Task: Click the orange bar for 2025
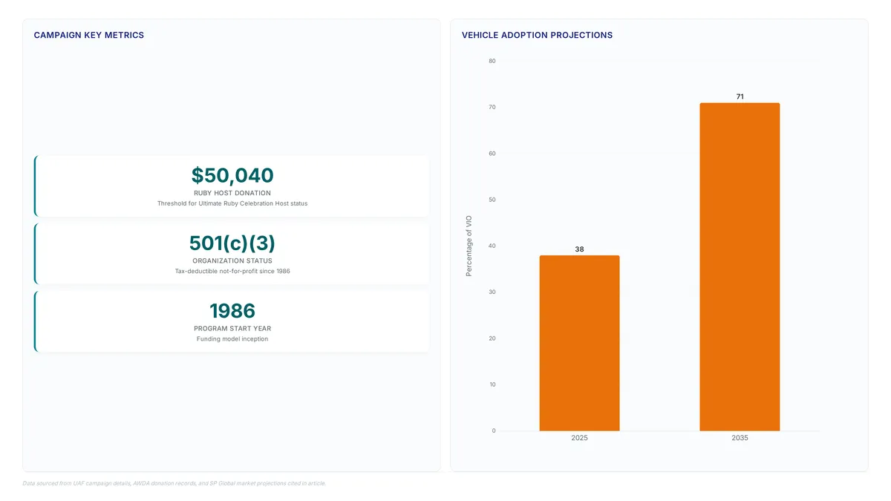pyautogui.click(x=579, y=343)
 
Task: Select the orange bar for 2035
pyautogui.click(x=740, y=266)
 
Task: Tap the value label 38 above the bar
pyautogui.click(x=579, y=249)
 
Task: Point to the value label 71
pyautogui.click(x=740, y=96)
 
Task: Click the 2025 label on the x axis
pyautogui.click(x=579, y=438)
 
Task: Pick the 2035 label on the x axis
pyautogui.click(x=740, y=438)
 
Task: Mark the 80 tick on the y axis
pyautogui.click(x=492, y=61)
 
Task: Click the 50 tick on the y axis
pyautogui.click(x=492, y=200)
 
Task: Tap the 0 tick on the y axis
pyautogui.click(x=494, y=430)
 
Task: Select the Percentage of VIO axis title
pyautogui.click(x=469, y=246)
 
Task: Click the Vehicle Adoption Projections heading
pyautogui.click(x=537, y=35)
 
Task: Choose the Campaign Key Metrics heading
pyautogui.click(x=88, y=35)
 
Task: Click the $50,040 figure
pyautogui.click(x=232, y=175)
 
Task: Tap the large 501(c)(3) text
pyautogui.click(x=232, y=243)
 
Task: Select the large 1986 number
pyautogui.click(x=232, y=310)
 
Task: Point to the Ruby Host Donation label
pyautogui.click(x=232, y=193)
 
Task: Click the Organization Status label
pyautogui.click(x=232, y=261)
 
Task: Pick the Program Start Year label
pyautogui.click(x=232, y=328)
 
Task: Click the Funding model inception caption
pyautogui.click(x=232, y=338)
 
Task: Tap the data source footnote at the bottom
pyautogui.click(x=174, y=483)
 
